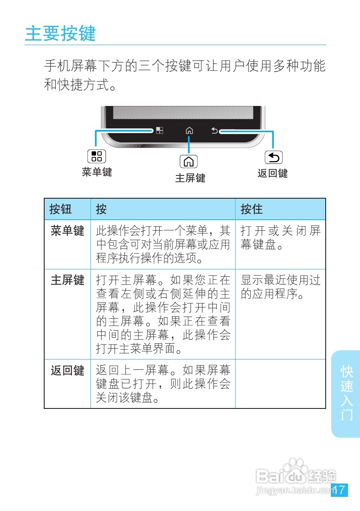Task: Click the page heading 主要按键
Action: pos(61,34)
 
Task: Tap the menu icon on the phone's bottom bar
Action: pos(159,130)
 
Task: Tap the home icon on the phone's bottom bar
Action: pos(189,130)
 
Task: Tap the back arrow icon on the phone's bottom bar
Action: pos(215,130)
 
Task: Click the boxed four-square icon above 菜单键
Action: pos(97,156)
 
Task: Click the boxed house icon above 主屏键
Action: pos(189,161)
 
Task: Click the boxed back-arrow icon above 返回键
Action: pos(274,158)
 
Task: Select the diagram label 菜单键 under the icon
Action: pos(97,172)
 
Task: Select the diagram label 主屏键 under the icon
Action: pos(190,178)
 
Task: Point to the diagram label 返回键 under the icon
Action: pos(272,173)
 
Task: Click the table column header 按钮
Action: pos(61,209)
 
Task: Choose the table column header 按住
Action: pos(251,209)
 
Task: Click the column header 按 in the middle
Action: pos(101,209)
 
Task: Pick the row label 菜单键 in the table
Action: pos(67,231)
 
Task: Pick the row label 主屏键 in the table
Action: pos(67,280)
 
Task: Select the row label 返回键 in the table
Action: pos(67,370)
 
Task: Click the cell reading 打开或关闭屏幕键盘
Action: pos(280,238)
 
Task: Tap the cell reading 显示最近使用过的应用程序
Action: pos(280,287)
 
